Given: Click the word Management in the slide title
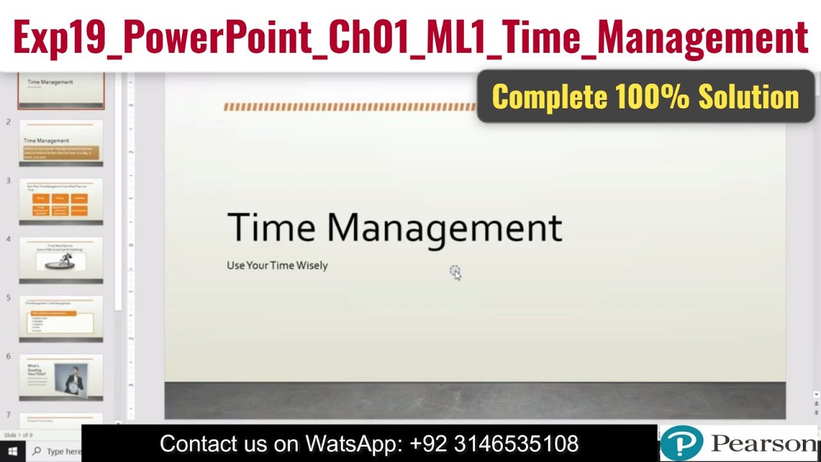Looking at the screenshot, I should tap(444, 227).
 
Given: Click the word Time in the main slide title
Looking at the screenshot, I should tap(271, 227).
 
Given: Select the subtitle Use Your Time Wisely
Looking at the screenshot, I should tap(277, 266).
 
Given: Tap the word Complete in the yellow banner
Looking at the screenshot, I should tap(549, 97).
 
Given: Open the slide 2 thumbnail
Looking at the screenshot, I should tap(61, 142).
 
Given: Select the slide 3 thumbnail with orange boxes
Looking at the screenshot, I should tap(61, 201).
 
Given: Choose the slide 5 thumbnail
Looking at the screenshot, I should tap(61, 318).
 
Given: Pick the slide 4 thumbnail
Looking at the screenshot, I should tap(61, 260).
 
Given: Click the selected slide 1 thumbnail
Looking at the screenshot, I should tap(61, 90).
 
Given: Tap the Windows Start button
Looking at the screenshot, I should tap(12, 452).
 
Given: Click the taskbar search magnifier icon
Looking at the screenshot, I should tap(37, 452).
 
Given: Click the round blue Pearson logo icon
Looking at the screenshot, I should tap(681, 443).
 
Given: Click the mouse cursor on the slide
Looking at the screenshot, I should tap(455, 273).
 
